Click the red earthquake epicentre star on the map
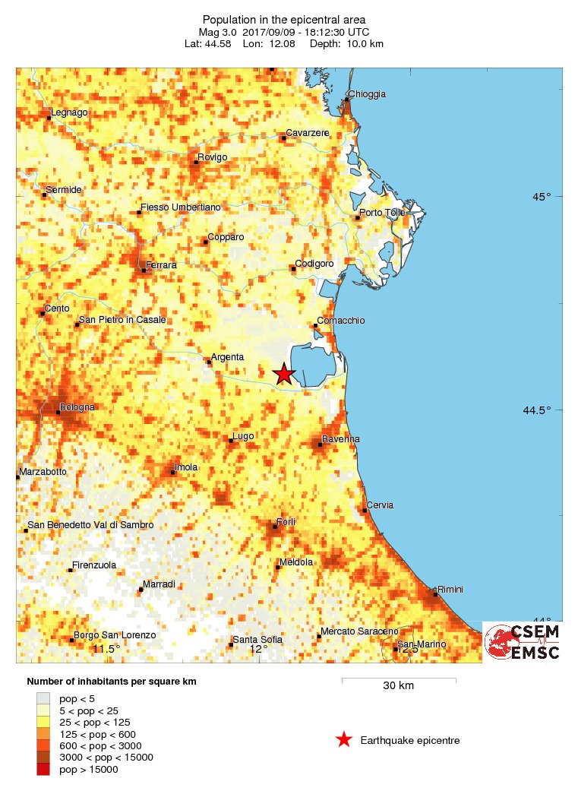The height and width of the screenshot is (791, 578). (283, 374)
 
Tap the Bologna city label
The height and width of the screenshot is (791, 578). (77, 407)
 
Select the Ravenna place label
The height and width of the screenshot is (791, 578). (341, 439)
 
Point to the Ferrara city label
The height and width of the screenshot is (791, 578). (161, 264)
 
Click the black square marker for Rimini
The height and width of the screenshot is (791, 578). (434, 594)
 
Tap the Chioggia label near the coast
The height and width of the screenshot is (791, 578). (368, 94)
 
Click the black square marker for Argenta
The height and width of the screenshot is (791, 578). (209, 362)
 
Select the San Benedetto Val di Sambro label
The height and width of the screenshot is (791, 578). (90, 525)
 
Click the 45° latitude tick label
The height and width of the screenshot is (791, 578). (542, 197)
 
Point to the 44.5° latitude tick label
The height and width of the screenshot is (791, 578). (537, 411)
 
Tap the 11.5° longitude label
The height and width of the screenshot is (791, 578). (106, 649)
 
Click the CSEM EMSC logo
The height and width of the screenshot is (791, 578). (523, 642)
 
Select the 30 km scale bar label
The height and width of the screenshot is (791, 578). (398, 686)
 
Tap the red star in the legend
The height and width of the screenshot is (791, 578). (344, 739)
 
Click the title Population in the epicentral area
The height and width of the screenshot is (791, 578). (284, 19)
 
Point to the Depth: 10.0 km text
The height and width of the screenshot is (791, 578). (354, 44)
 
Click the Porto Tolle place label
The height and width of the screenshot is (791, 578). (383, 213)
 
